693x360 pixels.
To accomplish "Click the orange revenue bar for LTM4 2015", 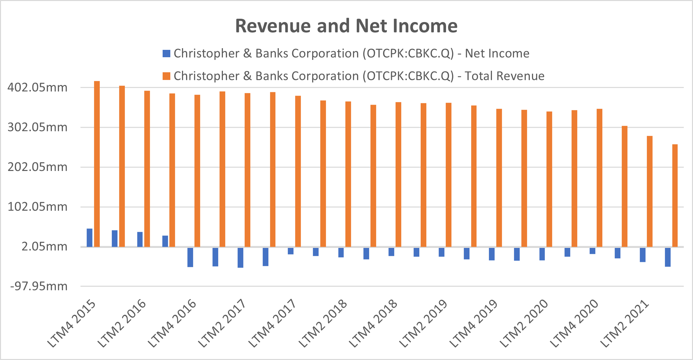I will (x=97, y=164).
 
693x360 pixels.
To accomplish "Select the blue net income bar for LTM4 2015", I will (x=89, y=238).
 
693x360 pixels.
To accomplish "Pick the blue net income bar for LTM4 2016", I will (x=190, y=257).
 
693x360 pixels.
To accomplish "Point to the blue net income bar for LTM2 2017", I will (x=240, y=257).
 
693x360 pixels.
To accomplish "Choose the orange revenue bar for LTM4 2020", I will (x=599, y=178).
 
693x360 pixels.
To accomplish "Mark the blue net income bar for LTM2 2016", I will (x=140, y=240).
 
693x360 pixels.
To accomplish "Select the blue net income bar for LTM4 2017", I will (x=290, y=251).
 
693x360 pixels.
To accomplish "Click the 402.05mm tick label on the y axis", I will (x=37, y=88).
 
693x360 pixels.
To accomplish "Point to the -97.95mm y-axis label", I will (x=39, y=286).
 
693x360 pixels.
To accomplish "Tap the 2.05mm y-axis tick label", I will (x=45, y=247).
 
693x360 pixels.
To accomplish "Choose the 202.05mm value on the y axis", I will (x=37, y=167).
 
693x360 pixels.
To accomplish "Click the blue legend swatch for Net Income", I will (x=166, y=54).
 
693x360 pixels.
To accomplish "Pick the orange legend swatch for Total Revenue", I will (x=166, y=76).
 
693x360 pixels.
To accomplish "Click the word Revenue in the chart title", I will (x=273, y=26).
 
